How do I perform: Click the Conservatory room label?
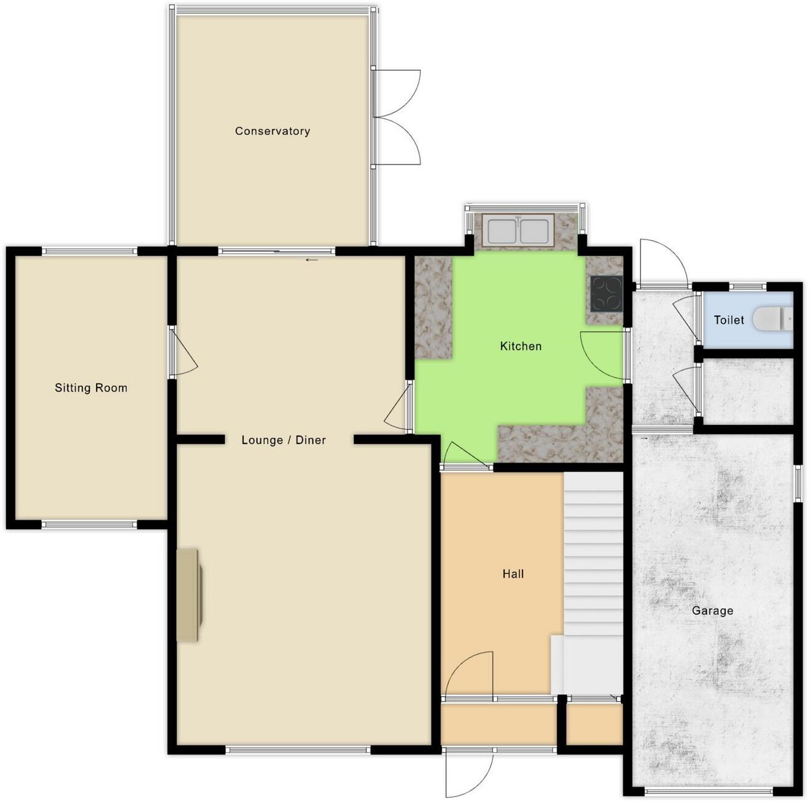(x=272, y=131)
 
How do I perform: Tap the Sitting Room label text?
(x=91, y=388)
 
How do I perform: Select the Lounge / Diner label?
(x=283, y=440)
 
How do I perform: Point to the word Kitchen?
(x=521, y=346)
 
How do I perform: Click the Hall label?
(x=513, y=574)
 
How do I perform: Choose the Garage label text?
(x=712, y=610)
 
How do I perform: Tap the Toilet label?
(x=729, y=320)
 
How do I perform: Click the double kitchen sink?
(x=518, y=231)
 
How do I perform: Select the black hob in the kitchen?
(x=606, y=293)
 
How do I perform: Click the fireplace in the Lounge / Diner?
(x=190, y=595)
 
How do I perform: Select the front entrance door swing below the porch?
(x=469, y=773)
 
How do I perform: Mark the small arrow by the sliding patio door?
(x=312, y=260)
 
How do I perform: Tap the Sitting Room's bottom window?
(x=89, y=525)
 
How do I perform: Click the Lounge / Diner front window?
(x=298, y=750)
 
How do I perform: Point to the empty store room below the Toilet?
(x=747, y=391)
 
